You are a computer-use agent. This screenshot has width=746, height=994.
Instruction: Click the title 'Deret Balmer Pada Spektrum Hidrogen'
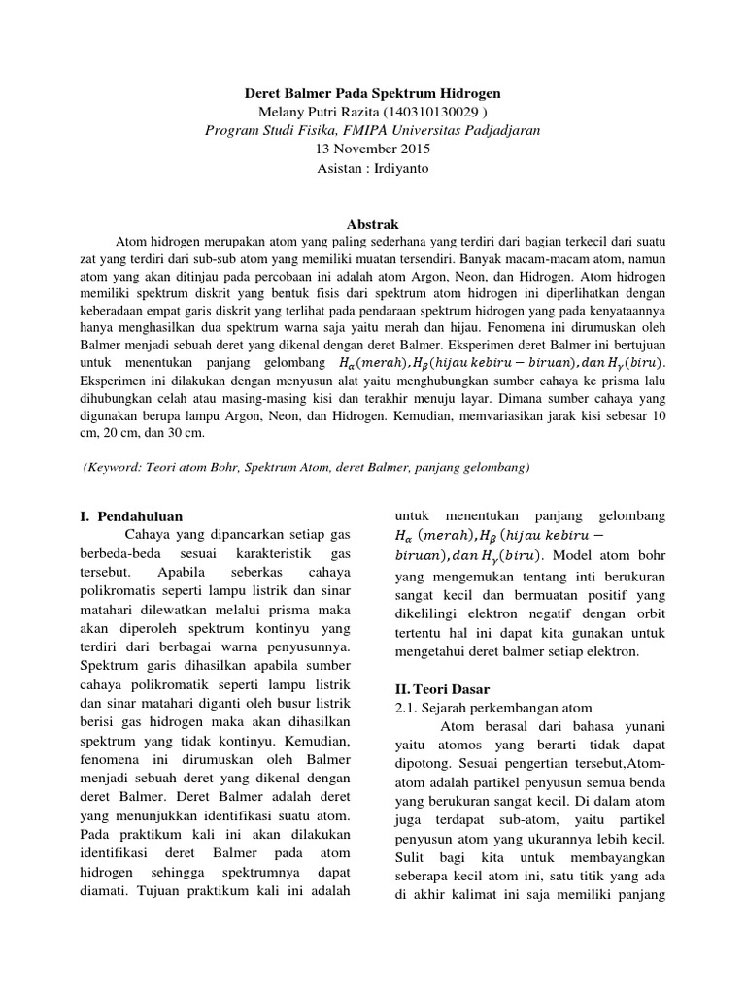(x=372, y=94)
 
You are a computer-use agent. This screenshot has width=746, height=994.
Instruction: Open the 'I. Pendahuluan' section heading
(x=131, y=516)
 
